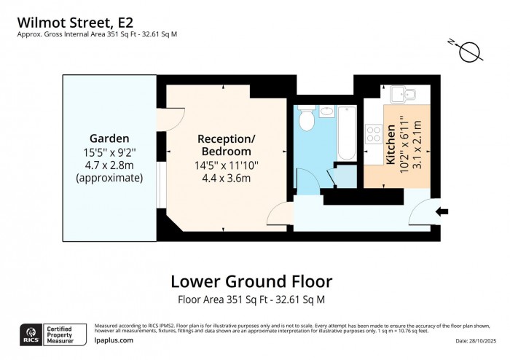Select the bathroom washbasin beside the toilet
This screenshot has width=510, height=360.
(326, 112)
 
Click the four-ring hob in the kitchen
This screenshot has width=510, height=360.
(374, 134)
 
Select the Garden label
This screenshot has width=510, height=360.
(109, 138)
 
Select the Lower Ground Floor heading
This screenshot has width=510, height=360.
(251, 281)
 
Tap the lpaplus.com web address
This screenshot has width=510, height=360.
(114, 340)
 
